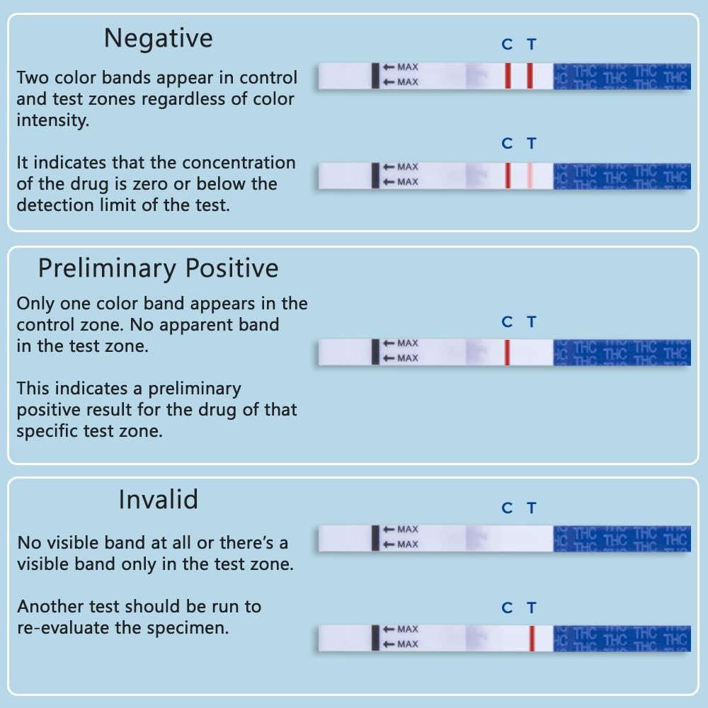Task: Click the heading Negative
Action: pos(158,38)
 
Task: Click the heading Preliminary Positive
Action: pos(158,269)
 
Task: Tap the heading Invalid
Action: pos(158,501)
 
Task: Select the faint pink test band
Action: pos(530,176)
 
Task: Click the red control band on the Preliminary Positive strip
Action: pos(507,352)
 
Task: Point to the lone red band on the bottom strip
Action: pos(531,638)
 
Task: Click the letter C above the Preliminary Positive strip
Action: pos(507,322)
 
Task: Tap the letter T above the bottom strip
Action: pos(532,608)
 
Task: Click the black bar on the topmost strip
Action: pos(375,75)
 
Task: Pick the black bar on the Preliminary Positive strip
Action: pos(375,352)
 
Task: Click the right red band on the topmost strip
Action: pos(530,76)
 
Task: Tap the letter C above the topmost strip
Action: pos(507,45)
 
